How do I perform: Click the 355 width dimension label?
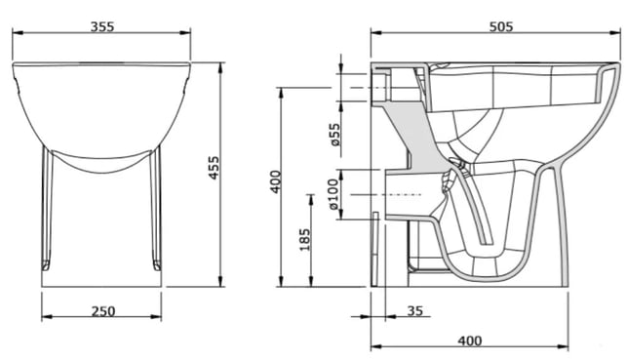102,26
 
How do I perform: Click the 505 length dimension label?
501,26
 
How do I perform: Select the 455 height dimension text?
215,168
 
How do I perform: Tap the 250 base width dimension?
103,311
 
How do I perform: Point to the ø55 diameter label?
334,135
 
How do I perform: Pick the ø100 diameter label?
333,194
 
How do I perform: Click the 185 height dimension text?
304,239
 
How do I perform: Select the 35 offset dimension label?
414,311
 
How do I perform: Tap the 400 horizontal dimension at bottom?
470,340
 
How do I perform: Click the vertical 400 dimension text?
276,182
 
